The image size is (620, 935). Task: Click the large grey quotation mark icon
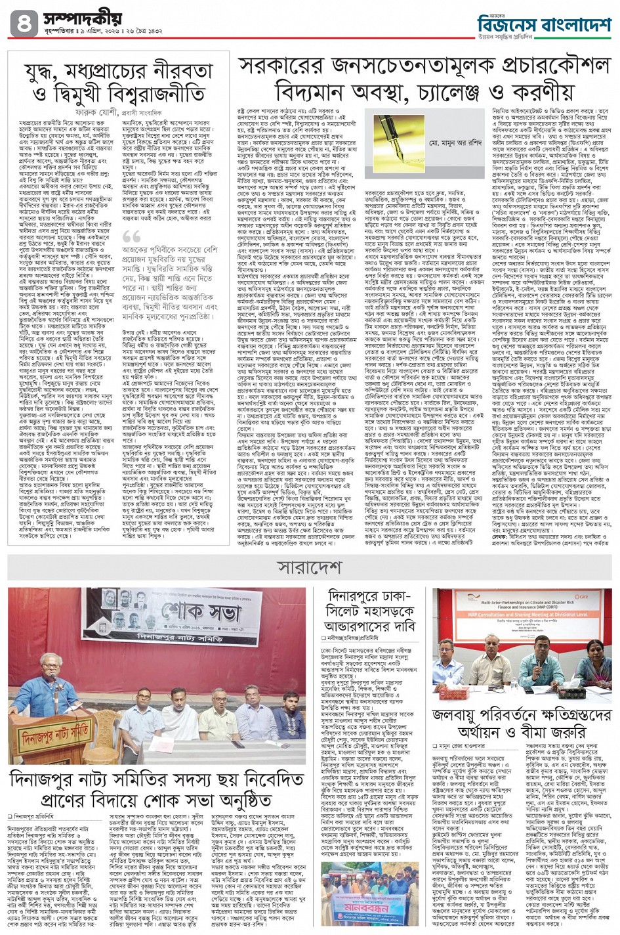(131, 237)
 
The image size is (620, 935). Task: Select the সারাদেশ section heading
(309, 565)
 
